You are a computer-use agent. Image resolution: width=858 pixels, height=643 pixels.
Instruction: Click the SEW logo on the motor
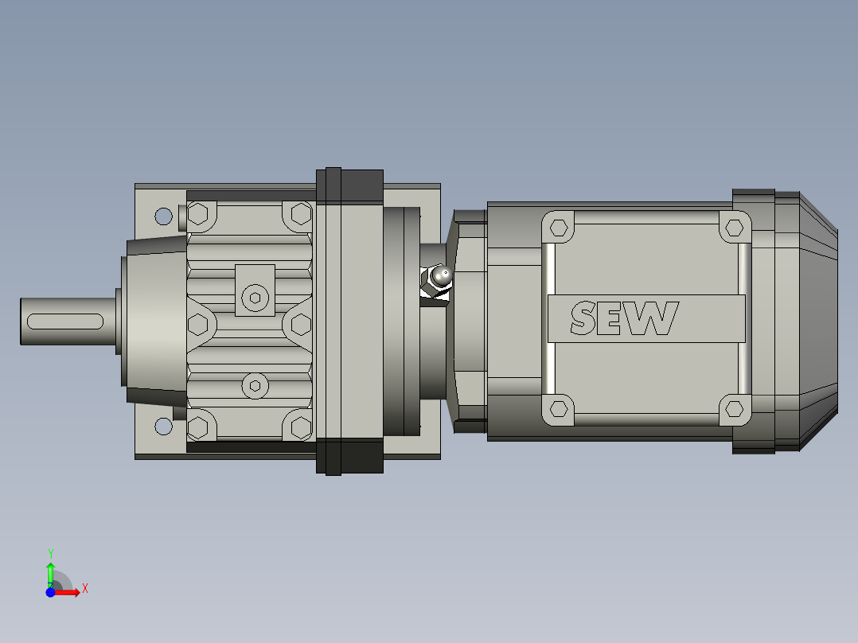click(625, 318)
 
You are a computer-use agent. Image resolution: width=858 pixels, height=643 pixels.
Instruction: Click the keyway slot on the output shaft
click(64, 321)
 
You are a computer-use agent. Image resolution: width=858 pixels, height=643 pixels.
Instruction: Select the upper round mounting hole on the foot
click(163, 216)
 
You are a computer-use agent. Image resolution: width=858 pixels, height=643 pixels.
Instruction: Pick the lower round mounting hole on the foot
click(163, 427)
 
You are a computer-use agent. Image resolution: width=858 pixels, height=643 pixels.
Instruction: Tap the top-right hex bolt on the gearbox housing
click(301, 213)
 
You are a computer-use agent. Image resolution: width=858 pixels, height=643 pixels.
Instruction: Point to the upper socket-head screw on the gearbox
click(255, 298)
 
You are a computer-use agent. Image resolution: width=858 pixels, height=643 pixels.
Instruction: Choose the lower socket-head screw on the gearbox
click(255, 386)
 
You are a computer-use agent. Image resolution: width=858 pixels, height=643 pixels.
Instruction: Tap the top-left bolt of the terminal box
click(560, 228)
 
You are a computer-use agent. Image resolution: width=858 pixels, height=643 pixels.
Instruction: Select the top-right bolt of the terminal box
click(734, 228)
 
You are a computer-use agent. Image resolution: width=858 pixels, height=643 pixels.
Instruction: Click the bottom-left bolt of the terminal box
click(560, 410)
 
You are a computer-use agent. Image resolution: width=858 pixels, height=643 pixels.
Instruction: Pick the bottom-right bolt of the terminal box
click(734, 410)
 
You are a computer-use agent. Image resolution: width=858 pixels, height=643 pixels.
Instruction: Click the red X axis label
click(84, 589)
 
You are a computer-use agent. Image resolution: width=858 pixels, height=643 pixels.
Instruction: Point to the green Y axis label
click(50, 553)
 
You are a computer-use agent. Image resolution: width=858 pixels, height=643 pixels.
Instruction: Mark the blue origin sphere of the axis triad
click(50, 592)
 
